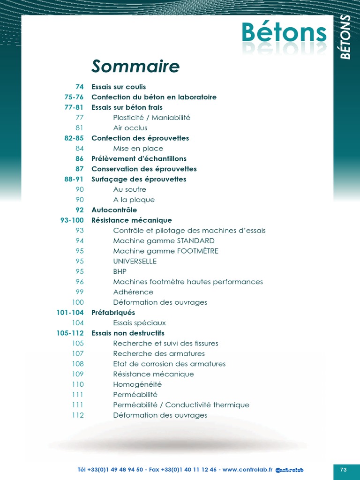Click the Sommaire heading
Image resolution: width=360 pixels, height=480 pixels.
[135, 67]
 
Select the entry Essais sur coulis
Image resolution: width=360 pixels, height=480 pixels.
[119, 87]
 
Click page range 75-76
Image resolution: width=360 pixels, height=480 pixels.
[74, 97]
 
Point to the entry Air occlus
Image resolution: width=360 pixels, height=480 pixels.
[130, 128]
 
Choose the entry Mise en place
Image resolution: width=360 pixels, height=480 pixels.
[138, 149]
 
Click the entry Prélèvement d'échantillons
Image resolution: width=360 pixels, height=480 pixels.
[139, 159]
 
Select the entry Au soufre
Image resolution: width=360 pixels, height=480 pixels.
[129, 189]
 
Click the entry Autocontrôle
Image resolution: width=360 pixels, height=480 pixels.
[114, 210]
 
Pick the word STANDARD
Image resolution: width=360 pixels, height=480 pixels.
[195, 241]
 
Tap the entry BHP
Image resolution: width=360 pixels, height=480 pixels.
[120, 271]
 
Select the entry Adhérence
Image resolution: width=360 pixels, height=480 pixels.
[133, 292]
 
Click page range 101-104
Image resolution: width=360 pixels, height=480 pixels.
[70, 313]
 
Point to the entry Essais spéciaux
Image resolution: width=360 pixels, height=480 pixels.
[139, 323]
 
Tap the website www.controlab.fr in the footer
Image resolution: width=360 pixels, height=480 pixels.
[247, 456]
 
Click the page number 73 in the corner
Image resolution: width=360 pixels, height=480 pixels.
[343, 456]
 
